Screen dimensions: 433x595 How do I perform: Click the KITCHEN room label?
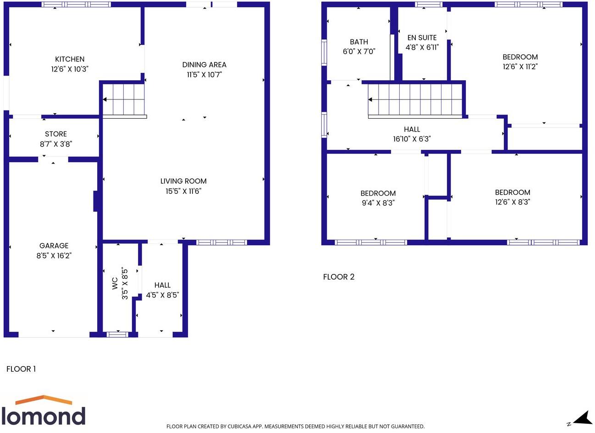pos(70,59)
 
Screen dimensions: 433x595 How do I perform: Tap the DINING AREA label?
pos(204,65)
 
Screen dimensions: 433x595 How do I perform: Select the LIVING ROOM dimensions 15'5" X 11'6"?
pos(183,191)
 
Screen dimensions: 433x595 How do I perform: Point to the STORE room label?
pos(56,134)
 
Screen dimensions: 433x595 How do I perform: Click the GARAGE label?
pos(54,246)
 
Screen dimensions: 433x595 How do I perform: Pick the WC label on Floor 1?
pos(115,283)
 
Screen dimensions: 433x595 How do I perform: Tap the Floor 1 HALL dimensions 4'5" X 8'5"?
pos(162,295)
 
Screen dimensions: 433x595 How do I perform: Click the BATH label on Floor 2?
pos(359,42)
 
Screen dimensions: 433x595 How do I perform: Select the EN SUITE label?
pos(422,38)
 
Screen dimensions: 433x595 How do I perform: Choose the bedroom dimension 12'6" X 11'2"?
pos(520,66)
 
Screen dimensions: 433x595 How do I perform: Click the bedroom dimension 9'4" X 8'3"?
pos(378,203)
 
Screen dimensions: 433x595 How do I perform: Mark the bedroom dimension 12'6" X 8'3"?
pos(512,202)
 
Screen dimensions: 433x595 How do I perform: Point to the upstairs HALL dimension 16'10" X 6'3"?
pos(412,139)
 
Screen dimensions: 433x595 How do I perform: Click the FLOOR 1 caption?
pos(21,369)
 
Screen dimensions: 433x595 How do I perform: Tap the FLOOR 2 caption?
pos(339,277)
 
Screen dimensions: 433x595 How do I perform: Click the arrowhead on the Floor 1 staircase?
pos(105,99)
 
